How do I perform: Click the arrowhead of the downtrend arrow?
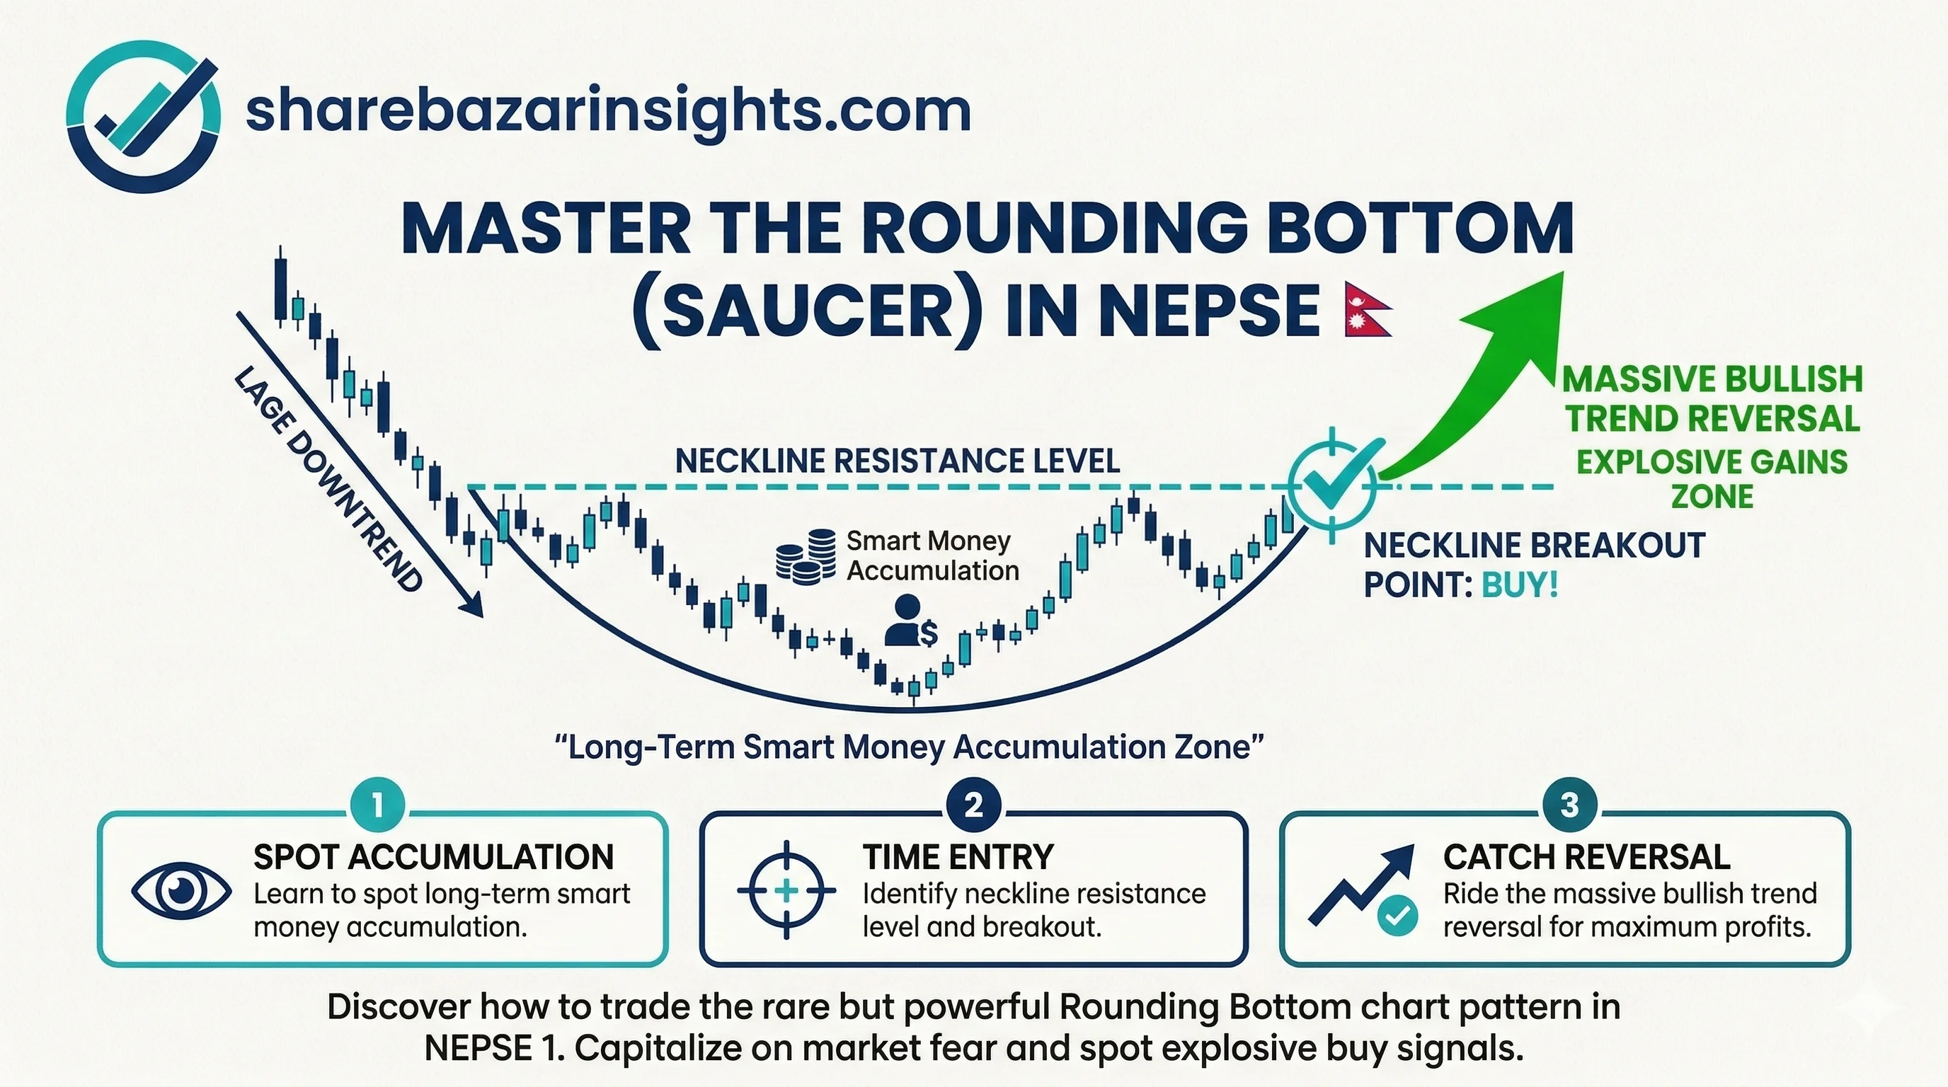coord(473,605)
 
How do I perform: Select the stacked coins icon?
coord(806,556)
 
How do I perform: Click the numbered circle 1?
coord(377,805)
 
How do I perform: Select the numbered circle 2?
coord(973,805)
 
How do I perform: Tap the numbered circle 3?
coord(1569,805)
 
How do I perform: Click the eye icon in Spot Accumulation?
coord(181,892)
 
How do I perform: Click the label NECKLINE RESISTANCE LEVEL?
coord(897,461)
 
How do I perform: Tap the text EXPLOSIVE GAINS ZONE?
coord(1712,478)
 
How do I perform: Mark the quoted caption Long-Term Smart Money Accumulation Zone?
coord(910,747)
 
